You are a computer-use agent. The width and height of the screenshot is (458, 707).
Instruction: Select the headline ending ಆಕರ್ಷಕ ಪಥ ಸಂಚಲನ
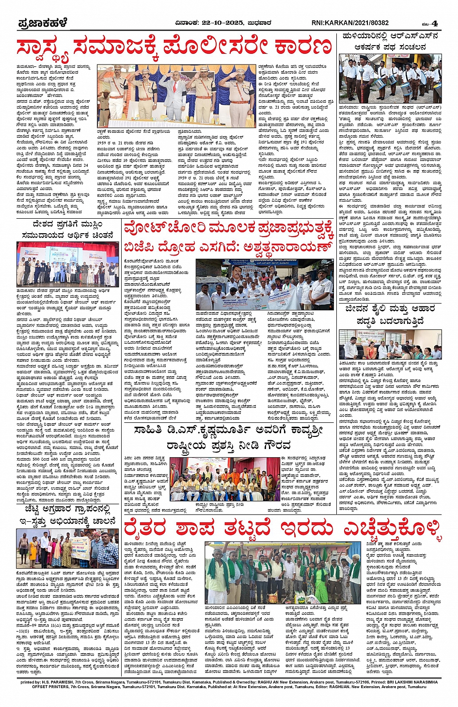pyautogui.click(x=390, y=47)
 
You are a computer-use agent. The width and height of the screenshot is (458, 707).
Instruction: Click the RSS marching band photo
pyautogui.click(x=390, y=79)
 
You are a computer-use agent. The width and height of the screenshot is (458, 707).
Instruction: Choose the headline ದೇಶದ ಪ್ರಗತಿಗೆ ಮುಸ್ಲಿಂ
pyautogui.click(x=67, y=225)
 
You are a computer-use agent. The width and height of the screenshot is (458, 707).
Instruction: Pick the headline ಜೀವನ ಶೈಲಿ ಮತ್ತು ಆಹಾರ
pyautogui.click(x=390, y=309)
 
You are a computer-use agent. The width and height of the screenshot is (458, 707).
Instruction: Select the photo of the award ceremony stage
pyautogui.click(x=223, y=479)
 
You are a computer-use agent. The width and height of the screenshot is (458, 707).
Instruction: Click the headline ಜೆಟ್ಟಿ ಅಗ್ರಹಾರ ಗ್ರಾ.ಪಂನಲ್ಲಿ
pyautogui.click(x=67, y=510)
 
